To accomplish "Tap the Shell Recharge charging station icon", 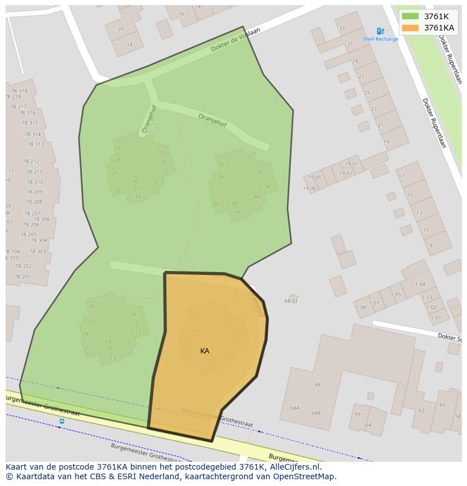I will click(380, 32).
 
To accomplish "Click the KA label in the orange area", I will click(205, 351).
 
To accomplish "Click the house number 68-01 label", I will click(291, 301).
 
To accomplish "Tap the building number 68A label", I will click(294, 408).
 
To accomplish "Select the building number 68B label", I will click(316, 413).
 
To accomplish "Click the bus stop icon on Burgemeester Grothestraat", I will click(61, 421).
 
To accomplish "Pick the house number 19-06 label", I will click(309, 189).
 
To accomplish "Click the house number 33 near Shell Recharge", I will click(342, 28).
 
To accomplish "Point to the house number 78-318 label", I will click(19, 91).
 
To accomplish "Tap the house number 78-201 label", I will click(22, 277).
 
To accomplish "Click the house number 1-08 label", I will click(360, 307).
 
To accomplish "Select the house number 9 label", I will click(430, 246).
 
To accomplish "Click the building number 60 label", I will click(442, 405).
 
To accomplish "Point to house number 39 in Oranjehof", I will click(221, 165).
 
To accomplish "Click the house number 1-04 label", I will click(420, 284).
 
